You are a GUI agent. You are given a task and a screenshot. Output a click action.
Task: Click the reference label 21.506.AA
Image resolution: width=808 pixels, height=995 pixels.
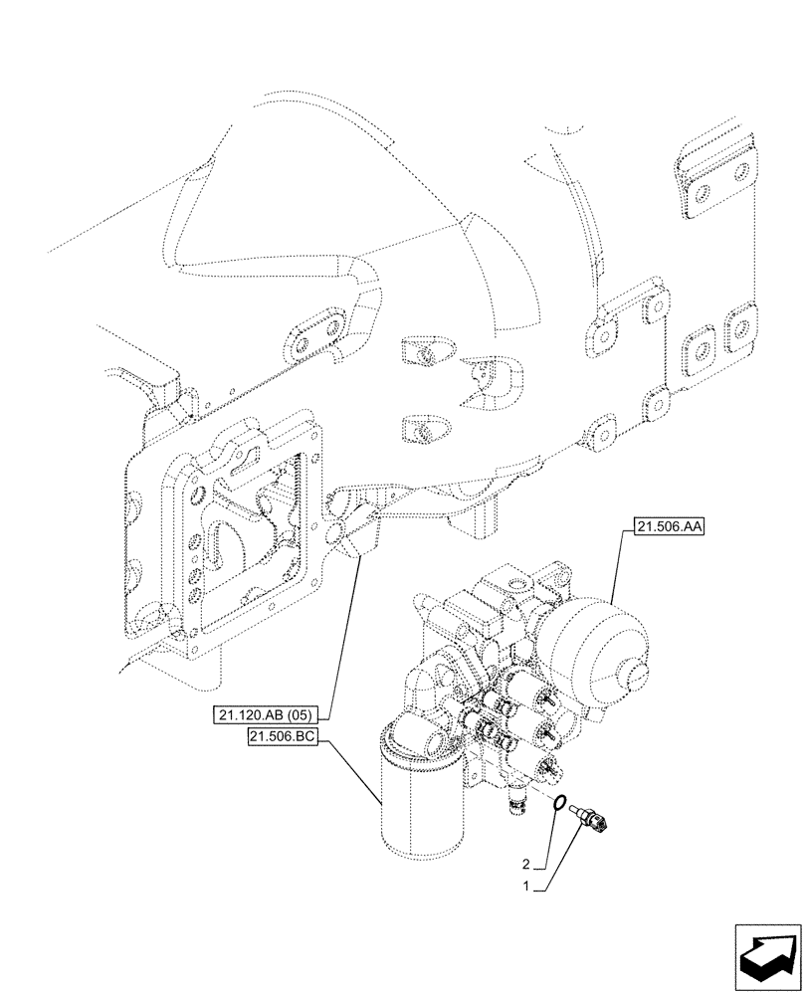[x=666, y=531]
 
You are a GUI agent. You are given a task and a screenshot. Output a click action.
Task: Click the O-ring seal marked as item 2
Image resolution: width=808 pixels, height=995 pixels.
[x=563, y=804]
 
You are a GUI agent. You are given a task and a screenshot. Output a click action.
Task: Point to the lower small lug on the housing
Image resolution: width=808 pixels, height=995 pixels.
[x=422, y=431]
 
